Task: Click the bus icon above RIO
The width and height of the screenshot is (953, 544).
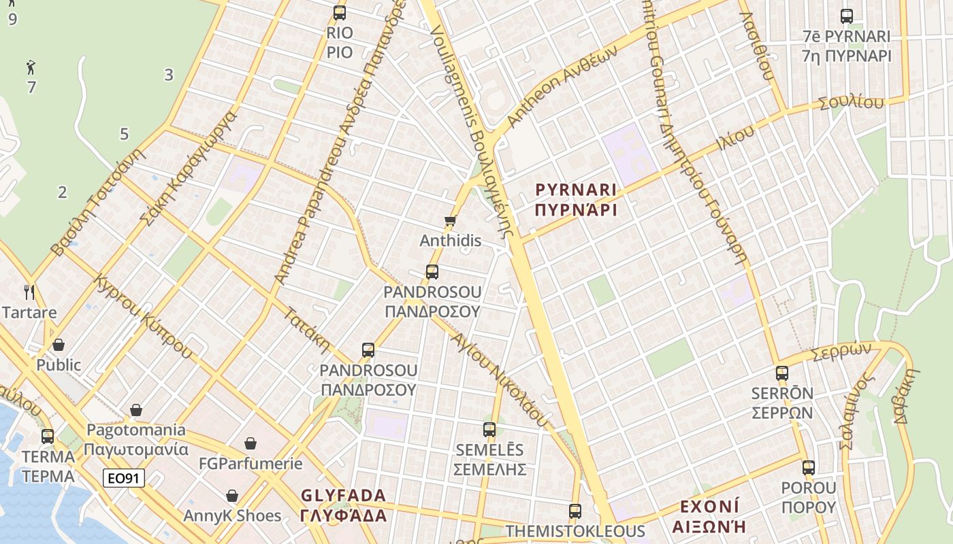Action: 340,12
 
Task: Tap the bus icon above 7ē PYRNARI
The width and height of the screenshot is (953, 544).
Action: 847,16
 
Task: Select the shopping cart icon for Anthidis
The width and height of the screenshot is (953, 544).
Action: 450,220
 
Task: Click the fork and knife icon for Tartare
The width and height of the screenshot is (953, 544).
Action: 29,292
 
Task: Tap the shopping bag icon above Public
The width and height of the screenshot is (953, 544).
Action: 59,345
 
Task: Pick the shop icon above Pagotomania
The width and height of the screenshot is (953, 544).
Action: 136,410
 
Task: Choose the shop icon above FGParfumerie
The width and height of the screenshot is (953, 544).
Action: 251,443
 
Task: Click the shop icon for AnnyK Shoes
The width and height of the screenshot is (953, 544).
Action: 232,495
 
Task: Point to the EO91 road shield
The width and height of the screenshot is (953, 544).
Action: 124,478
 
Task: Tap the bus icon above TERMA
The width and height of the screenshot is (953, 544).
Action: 48,436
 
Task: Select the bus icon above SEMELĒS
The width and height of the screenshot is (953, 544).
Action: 489,429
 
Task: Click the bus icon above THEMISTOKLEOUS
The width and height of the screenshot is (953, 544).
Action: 575,511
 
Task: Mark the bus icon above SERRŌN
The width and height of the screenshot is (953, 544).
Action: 782,373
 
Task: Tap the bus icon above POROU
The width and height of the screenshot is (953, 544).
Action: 809,467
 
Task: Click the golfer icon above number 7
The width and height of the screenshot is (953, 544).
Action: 31,67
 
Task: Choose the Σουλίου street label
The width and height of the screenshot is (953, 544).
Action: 851,103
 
